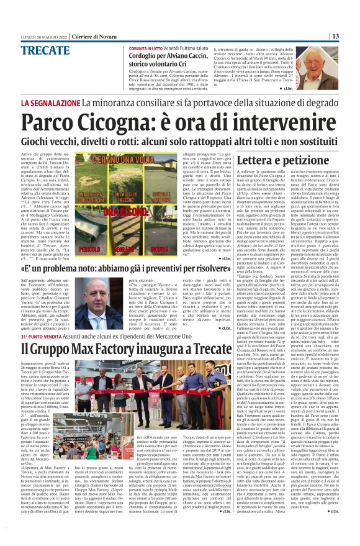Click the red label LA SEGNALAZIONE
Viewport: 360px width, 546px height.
pos(48,102)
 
